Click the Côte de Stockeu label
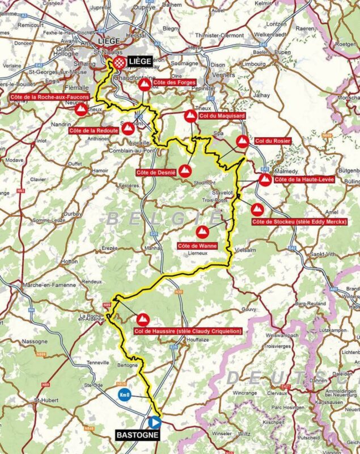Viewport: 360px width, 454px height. [299, 222]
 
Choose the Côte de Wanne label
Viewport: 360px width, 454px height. [194, 245]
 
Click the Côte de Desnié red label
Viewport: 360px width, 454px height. [156, 172]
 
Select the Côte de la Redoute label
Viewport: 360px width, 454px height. [93, 131]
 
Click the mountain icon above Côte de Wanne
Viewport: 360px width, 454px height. [201, 232]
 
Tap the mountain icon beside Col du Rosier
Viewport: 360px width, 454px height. [242, 142]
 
